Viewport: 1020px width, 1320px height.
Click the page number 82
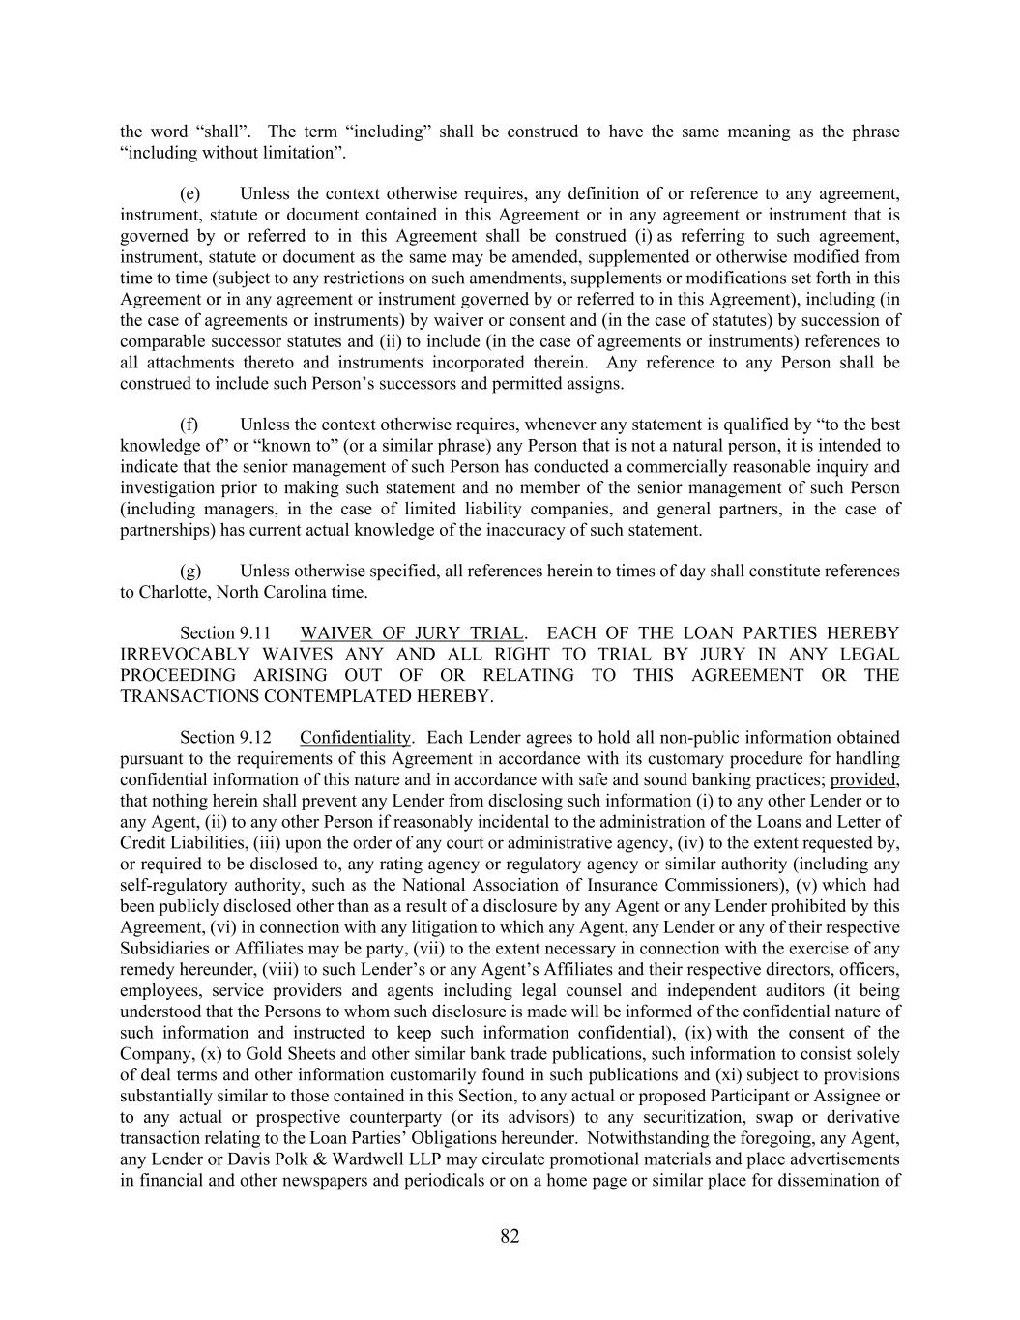pos(510,1236)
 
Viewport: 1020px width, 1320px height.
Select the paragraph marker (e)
pos(190,194)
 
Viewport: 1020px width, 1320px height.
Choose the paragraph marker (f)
pos(189,425)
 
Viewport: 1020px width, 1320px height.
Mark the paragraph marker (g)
pos(190,572)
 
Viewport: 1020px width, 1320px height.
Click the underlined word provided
pos(863,780)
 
